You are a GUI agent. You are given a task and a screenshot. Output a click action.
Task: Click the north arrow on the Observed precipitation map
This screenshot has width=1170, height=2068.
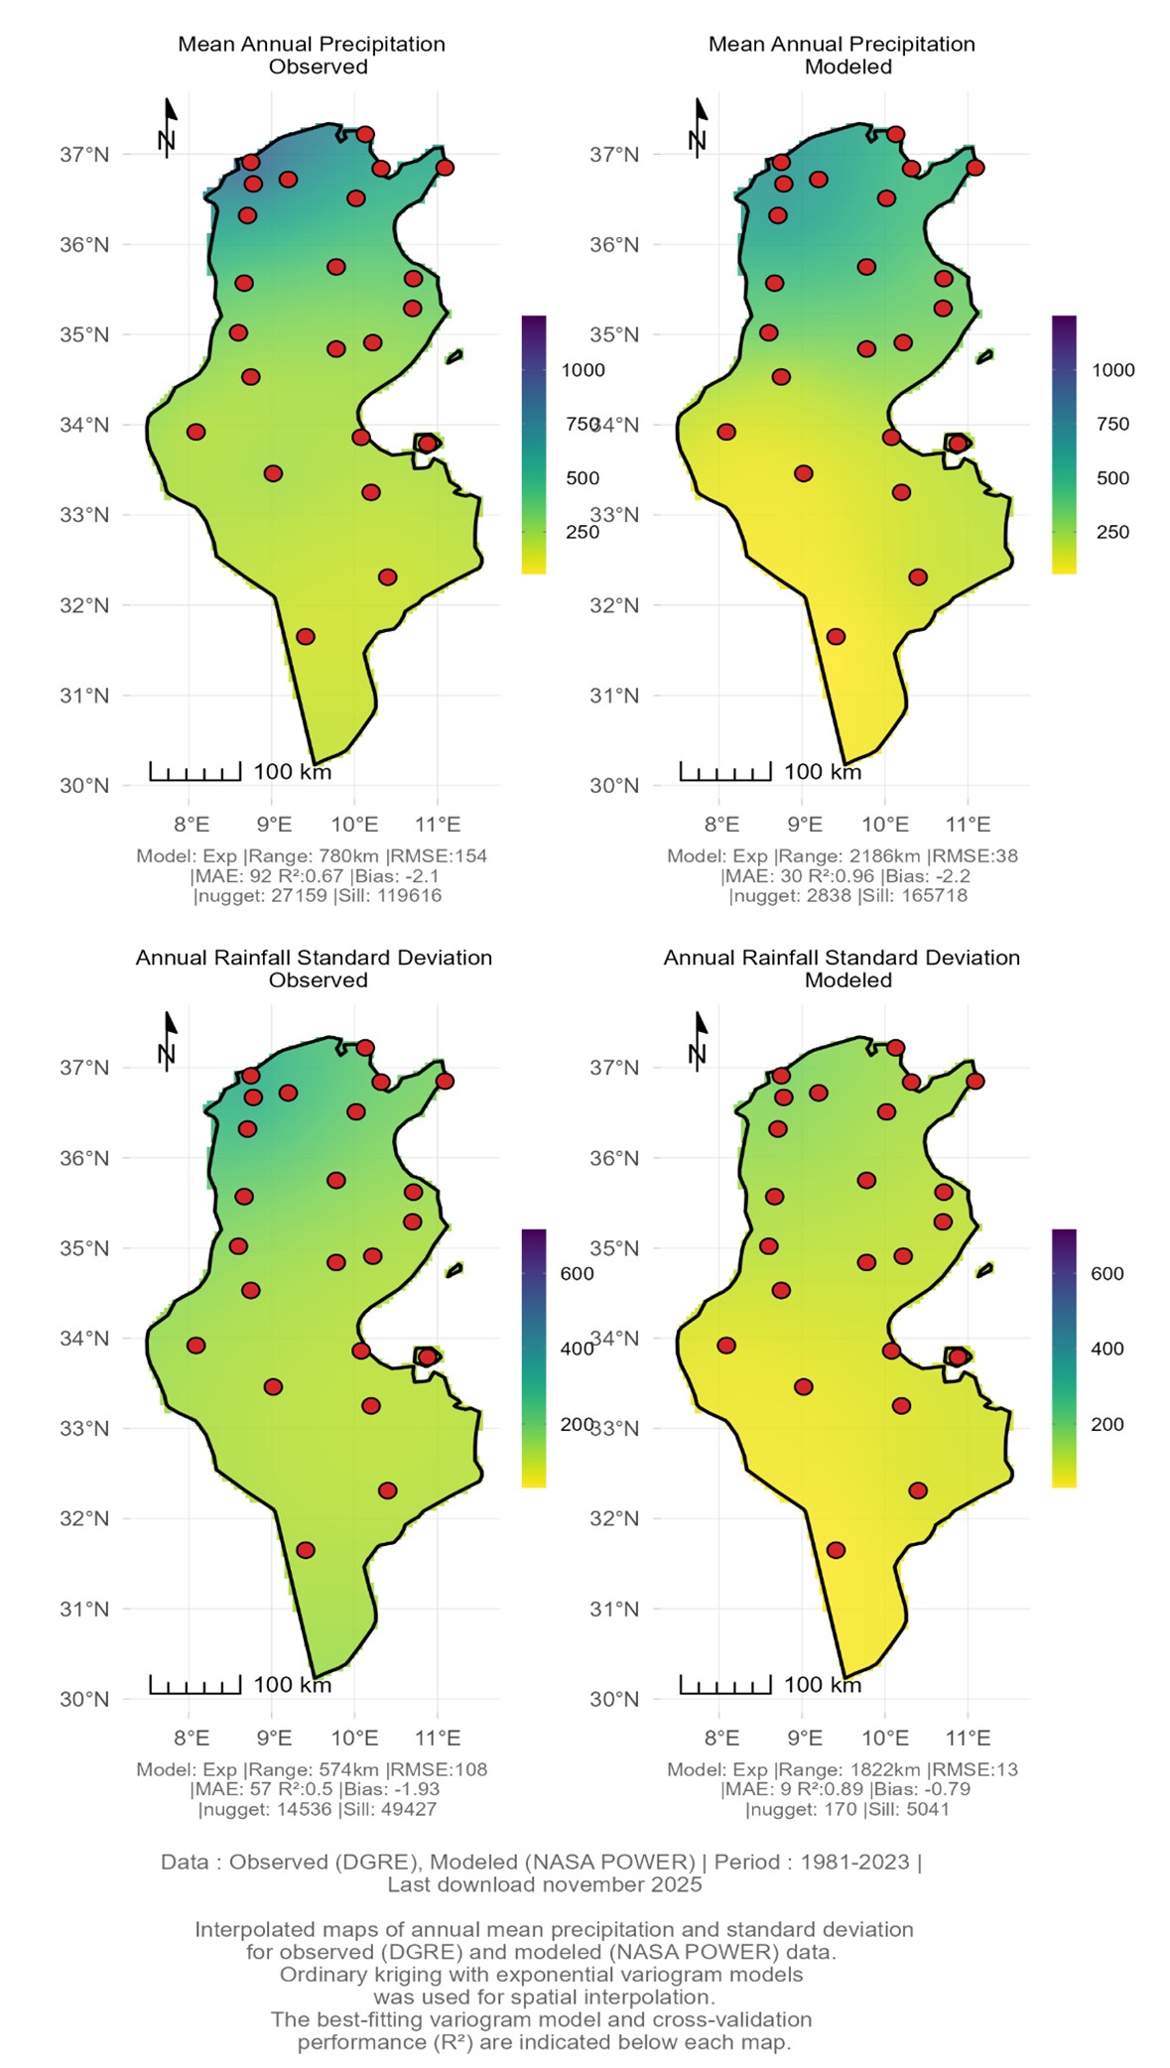point(169,127)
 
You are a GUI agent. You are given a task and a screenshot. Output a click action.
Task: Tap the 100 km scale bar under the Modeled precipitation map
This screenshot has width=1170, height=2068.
point(725,771)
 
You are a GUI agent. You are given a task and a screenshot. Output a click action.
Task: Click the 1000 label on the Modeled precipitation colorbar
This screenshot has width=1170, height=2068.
point(1112,370)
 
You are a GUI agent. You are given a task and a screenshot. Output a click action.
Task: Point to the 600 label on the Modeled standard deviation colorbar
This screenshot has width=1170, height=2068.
point(1106,1273)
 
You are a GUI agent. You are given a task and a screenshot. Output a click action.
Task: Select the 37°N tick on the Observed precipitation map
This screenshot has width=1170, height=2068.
point(84,154)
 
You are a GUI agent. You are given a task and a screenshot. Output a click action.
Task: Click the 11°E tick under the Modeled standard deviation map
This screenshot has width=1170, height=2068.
point(968,1737)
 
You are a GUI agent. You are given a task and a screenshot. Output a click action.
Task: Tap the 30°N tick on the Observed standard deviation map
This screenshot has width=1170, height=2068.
point(84,1698)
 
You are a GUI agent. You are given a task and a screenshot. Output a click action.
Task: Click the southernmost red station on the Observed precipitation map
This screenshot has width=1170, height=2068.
point(306,636)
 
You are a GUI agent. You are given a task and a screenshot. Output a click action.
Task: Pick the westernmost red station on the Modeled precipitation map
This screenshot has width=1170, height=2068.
point(726,432)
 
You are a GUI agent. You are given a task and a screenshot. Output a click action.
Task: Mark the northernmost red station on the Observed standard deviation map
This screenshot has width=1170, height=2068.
point(365,1047)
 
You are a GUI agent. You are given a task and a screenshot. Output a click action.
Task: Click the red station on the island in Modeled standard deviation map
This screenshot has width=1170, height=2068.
point(958,1357)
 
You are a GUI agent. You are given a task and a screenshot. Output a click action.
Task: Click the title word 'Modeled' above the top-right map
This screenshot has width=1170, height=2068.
point(847,66)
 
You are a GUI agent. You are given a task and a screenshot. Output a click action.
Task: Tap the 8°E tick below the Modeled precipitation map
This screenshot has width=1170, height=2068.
point(722,824)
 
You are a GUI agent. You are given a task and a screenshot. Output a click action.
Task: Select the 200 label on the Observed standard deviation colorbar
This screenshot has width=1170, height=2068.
point(577,1424)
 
